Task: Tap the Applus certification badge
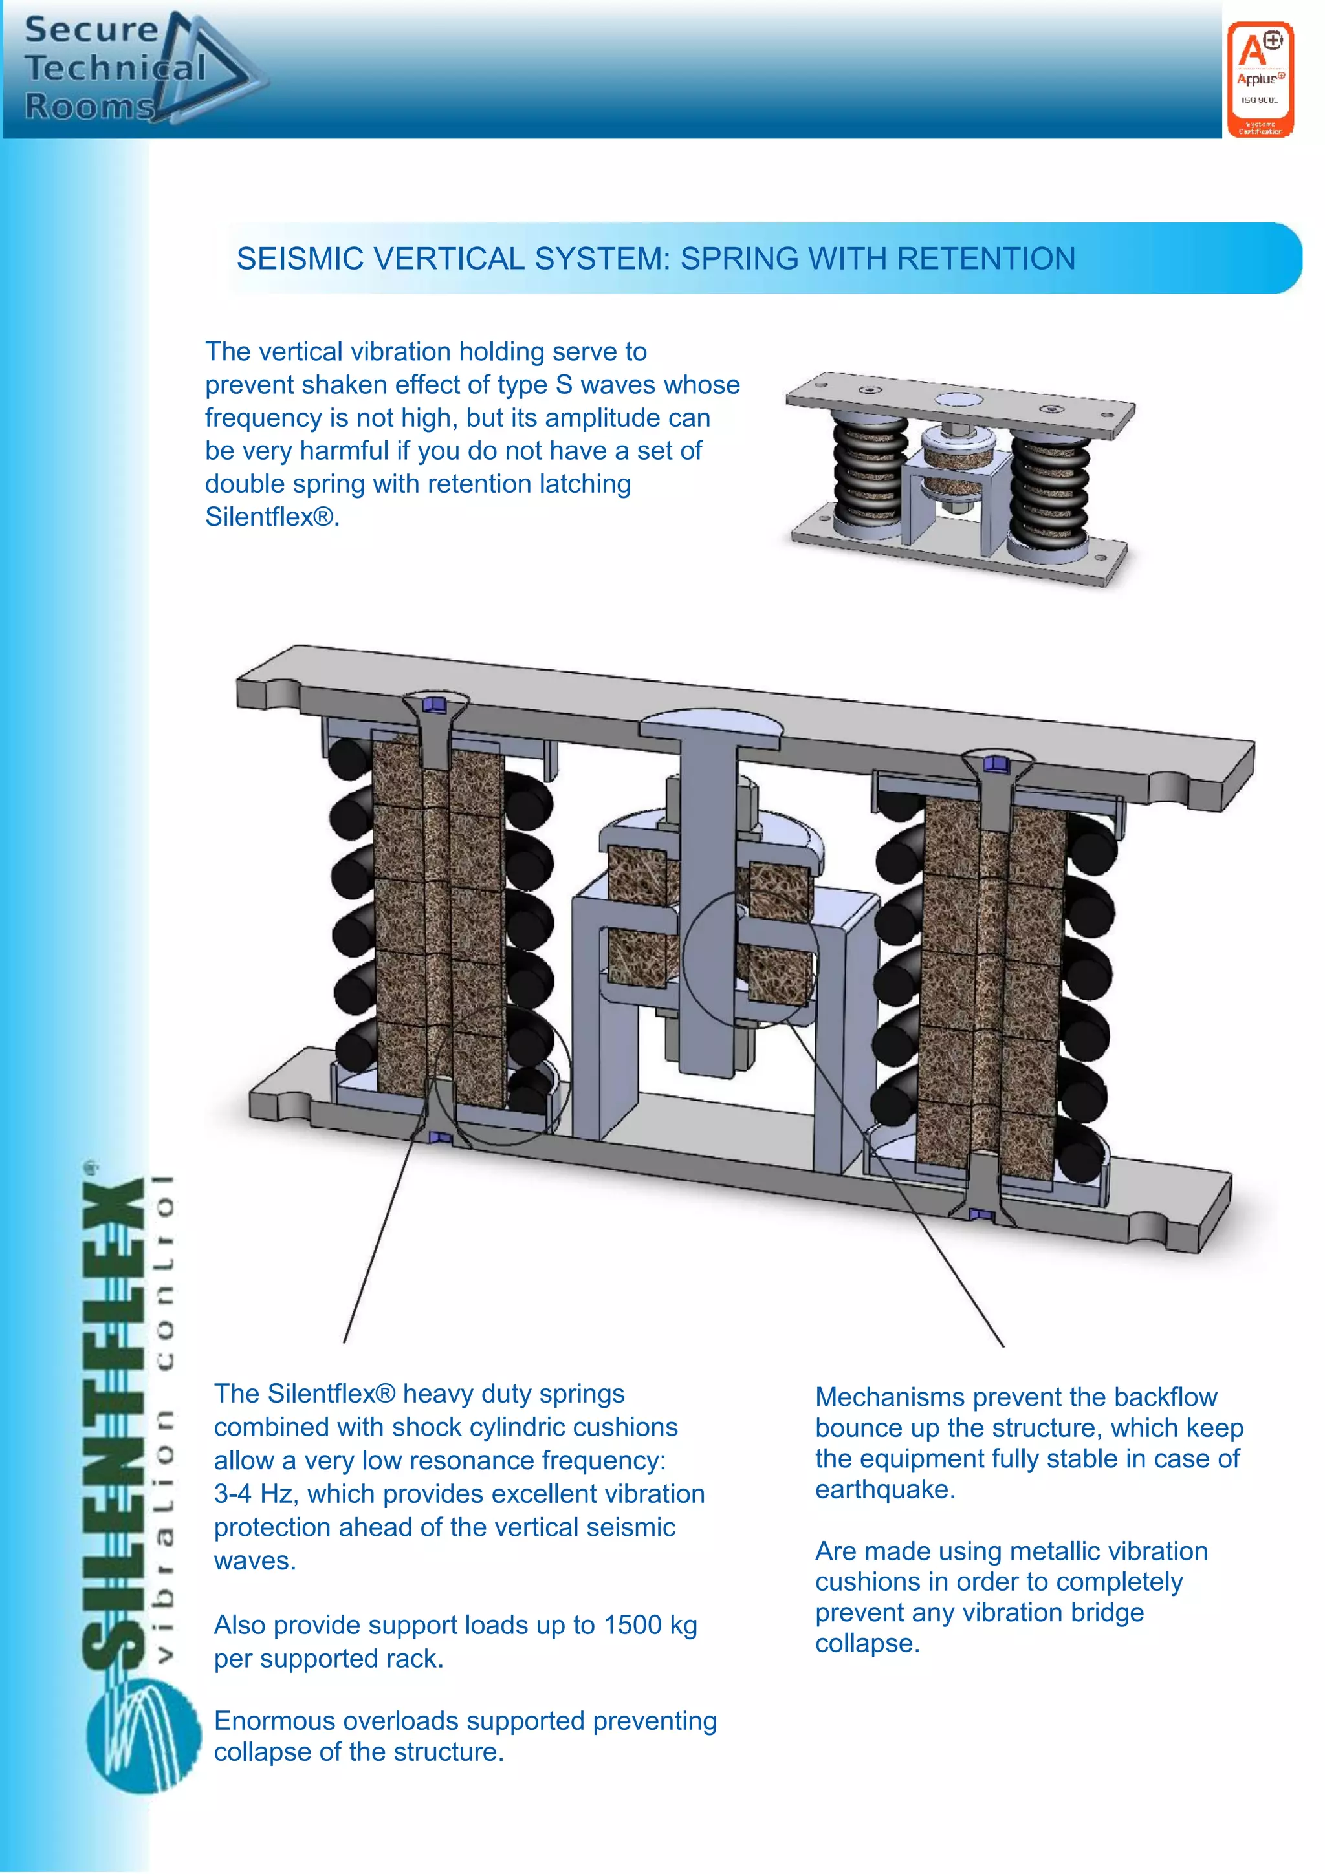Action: (1260, 79)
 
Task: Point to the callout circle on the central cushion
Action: (751, 956)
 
